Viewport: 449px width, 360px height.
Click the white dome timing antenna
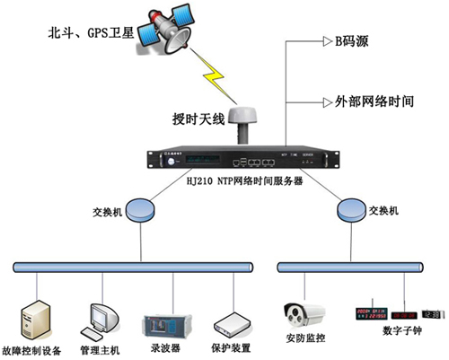point(240,119)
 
